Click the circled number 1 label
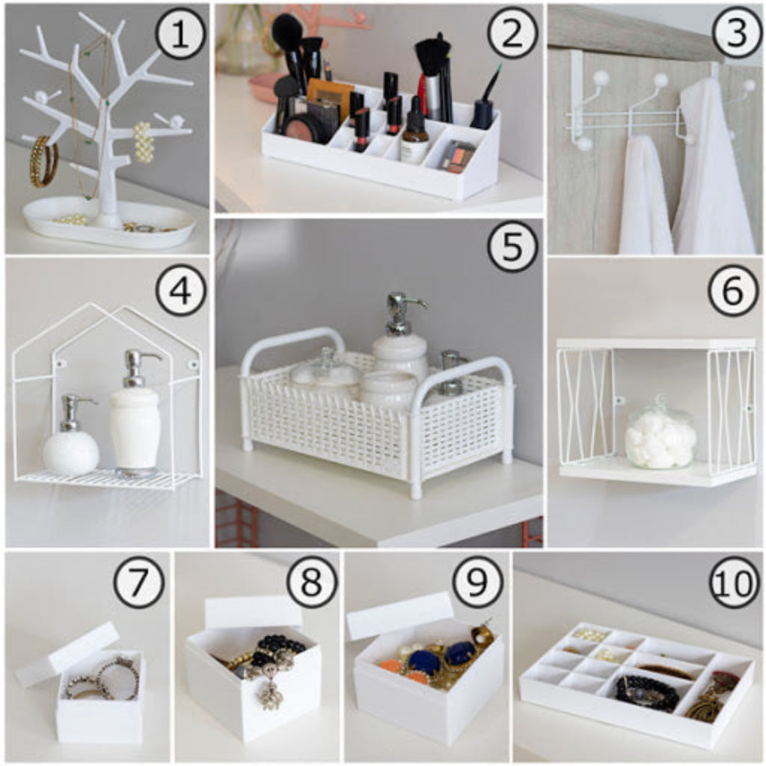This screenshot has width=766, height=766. (180, 35)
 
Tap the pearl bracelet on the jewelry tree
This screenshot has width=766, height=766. (144, 141)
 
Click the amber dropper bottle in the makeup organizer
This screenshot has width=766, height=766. (415, 131)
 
